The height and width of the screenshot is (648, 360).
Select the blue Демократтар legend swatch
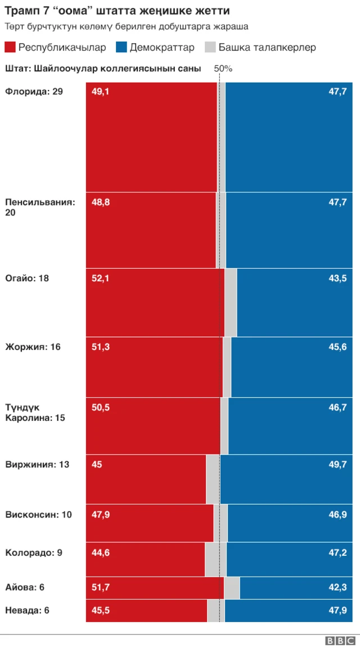121,47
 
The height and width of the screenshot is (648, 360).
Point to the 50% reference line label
223,69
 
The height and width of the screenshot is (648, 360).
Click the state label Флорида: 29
34,91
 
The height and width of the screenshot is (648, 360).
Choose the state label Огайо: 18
27,278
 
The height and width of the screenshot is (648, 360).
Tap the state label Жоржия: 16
33,346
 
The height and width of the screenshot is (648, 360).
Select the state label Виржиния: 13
37,465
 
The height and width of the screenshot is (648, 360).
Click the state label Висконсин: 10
38,514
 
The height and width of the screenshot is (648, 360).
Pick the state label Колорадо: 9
34,552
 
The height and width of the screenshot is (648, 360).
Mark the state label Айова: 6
25,587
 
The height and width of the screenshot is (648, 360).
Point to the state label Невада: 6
27,610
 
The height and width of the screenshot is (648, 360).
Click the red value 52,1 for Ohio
101,278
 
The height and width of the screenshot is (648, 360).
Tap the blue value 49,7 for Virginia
337,465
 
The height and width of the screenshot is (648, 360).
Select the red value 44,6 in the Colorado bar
101,552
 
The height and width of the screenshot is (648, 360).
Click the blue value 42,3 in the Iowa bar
337,587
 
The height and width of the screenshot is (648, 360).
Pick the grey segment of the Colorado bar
215,559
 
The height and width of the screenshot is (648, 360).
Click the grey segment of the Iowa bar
232,588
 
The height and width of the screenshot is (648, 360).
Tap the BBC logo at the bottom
340,641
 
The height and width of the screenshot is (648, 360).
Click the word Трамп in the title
21,11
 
